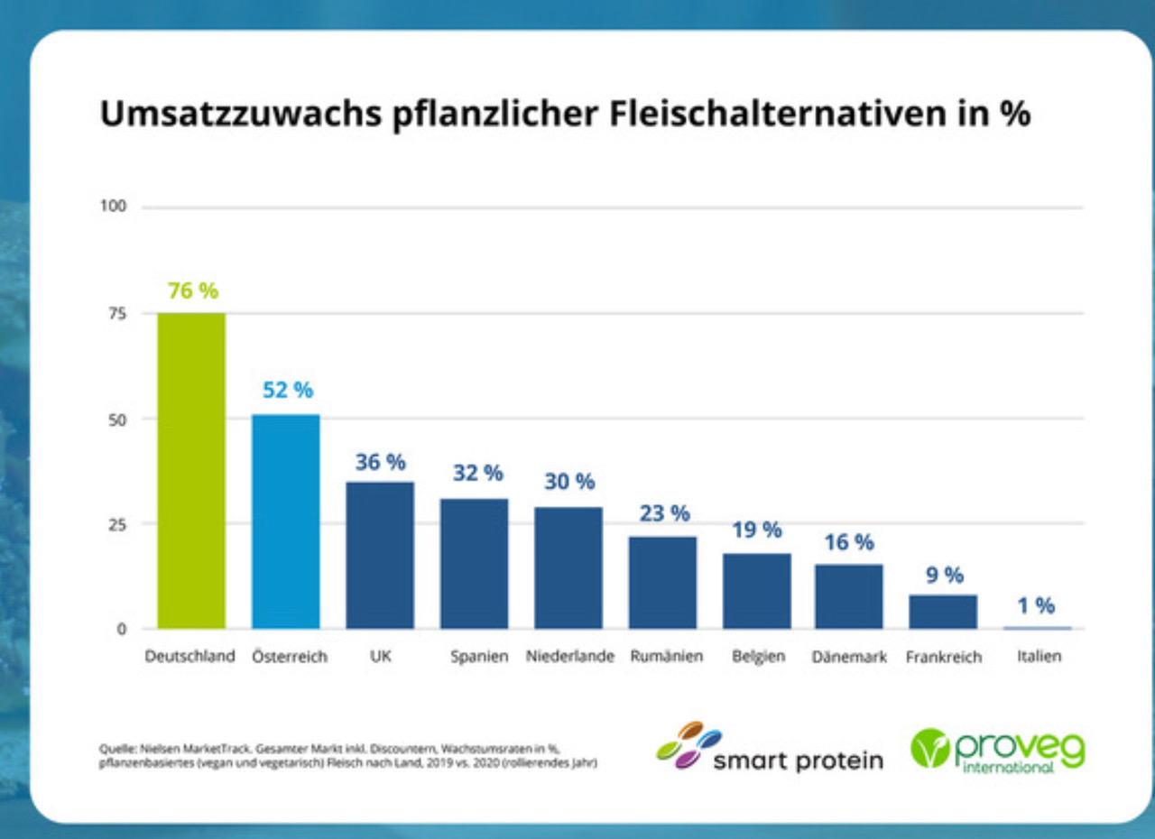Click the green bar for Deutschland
[191, 470]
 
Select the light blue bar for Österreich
[285, 521]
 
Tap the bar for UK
[380, 555]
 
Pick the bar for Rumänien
[662, 582]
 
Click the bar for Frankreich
[943, 611]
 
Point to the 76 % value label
[193, 291]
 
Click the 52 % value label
[288, 391]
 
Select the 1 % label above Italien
[1036, 605]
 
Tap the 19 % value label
[756, 530]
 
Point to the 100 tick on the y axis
[114, 207]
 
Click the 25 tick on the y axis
[117, 523]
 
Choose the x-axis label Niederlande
[569, 657]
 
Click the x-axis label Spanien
[479, 657]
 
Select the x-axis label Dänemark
[849, 657]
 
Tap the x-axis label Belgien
[758, 657]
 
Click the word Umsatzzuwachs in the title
[239, 115]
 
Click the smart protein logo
[770, 747]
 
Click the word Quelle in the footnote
[113, 748]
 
